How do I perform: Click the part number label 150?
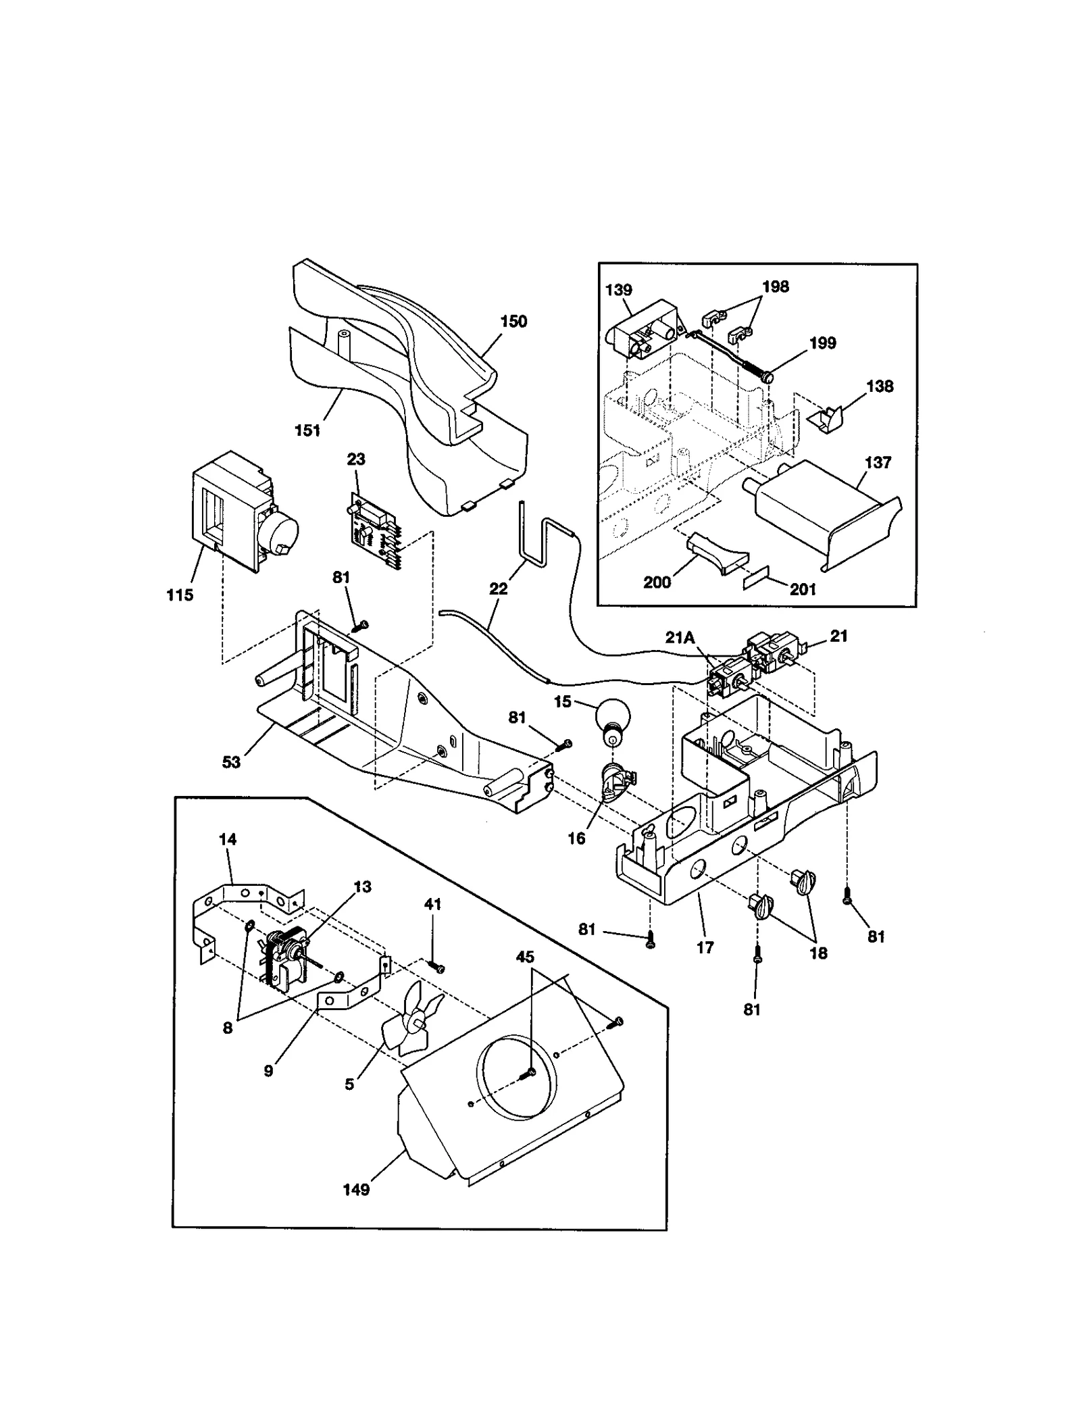[x=513, y=322]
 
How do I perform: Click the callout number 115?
[x=180, y=595]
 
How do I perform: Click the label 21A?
[x=680, y=637]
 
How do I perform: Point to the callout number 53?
[x=231, y=762]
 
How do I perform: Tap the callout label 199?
[x=822, y=343]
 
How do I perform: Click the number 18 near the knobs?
[x=818, y=953]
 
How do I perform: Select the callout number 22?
[x=498, y=589]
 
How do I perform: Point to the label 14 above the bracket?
[x=228, y=839]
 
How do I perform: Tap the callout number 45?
[x=525, y=957]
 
